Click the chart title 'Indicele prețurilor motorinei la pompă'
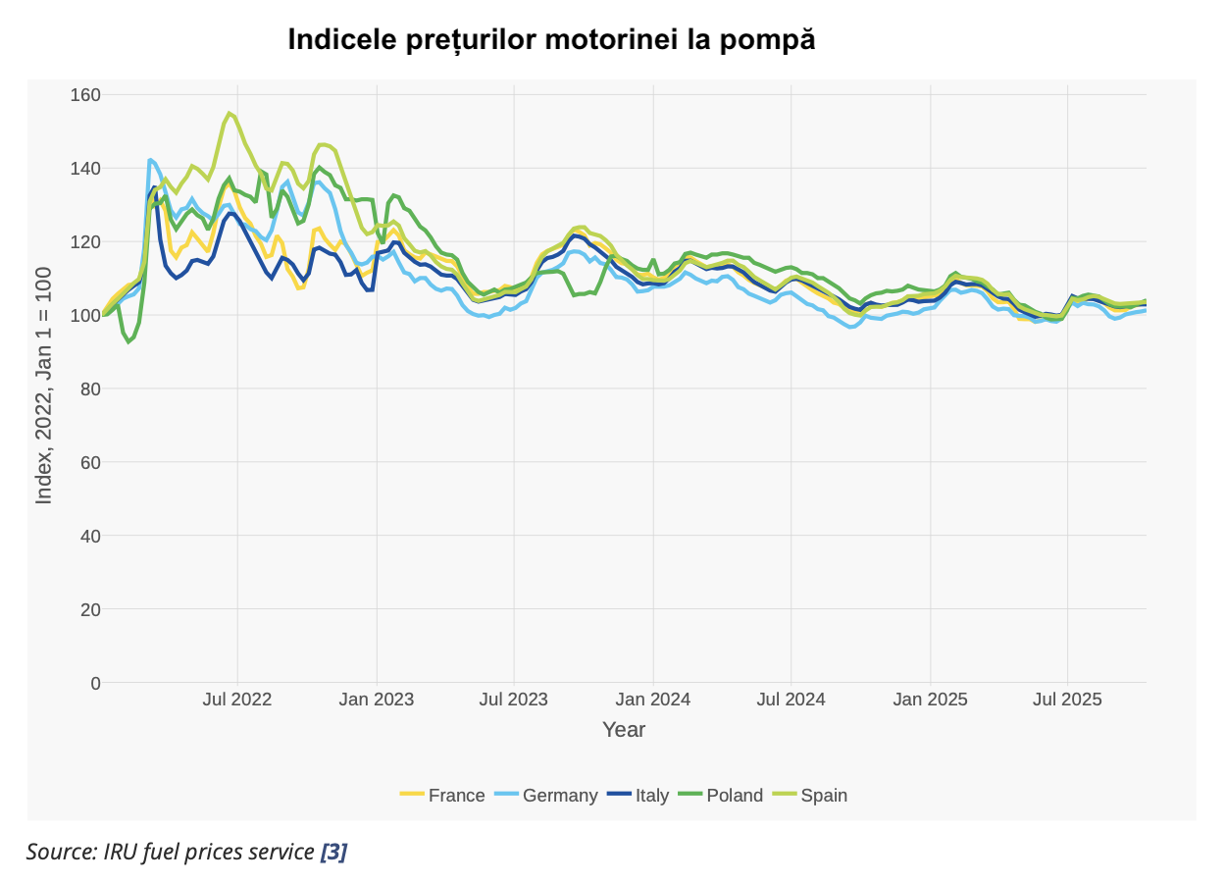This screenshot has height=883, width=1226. click(x=551, y=40)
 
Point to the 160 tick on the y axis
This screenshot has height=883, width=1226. click(x=85, y=95)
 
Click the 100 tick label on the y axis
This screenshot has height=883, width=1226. click(x=85, y=315)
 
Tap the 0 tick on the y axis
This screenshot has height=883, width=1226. click(x=95, y=683)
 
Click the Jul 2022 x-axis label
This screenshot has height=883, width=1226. click(x=237, y=700)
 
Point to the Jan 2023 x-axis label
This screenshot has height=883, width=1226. click(x=377, y=700)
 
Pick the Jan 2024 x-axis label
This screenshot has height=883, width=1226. click(x=653, y=700)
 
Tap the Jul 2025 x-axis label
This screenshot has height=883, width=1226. click(x=1067, y=700)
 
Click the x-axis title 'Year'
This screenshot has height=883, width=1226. click(x=624, y=730)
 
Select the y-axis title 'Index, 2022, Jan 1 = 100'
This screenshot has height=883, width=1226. click(x=44, y=386)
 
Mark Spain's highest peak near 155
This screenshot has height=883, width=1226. click(x=230, y=113)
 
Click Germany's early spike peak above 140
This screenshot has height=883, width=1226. click(x=150, y=159)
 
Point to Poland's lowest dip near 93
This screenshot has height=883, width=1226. click(x=128, y=341)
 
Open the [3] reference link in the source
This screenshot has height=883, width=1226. click(x=333, y=852)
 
